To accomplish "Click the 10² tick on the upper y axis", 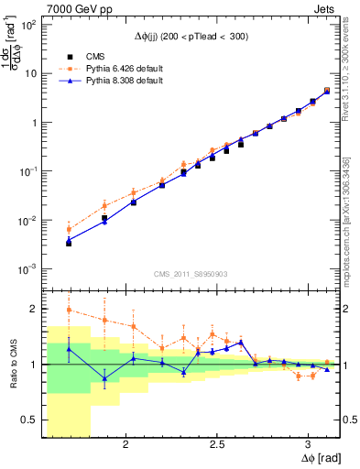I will point(29,25).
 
